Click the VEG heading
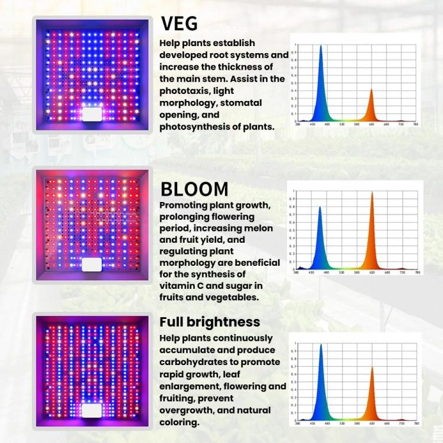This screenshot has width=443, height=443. (x=180, y=24)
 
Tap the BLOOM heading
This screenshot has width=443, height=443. (x=194, y=189)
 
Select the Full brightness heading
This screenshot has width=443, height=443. (x=210, y=322)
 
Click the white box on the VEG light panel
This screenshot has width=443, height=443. (x=91, y=114)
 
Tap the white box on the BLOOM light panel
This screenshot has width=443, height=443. (x=91, y=264)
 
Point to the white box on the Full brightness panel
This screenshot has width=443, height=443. (x=91, y=411)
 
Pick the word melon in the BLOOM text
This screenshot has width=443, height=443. (x=258, y=229)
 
